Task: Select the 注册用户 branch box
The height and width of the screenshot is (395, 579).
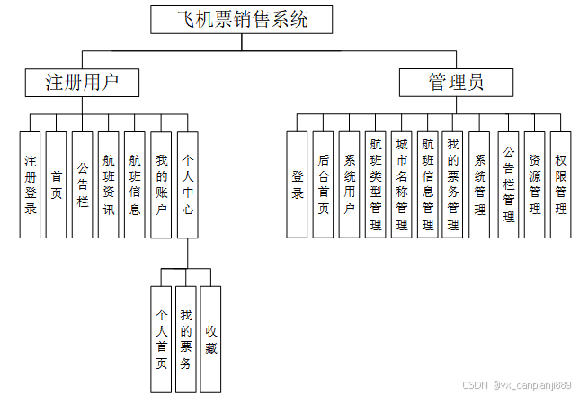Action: point(82,83)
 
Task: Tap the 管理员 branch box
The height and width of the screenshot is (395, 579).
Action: point(455,83)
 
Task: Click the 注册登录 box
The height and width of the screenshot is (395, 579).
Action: point(31,184)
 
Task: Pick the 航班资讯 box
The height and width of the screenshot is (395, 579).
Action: point(109,184)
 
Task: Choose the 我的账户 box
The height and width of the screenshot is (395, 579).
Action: point(161,184)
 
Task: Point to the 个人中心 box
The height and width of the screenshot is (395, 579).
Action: point(188,184)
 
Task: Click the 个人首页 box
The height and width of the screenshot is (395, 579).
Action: point(161,339)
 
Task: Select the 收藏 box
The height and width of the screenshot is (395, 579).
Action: point(210,339)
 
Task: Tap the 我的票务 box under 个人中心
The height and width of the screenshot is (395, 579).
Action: point(186,339)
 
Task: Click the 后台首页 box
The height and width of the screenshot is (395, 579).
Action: point(324,184)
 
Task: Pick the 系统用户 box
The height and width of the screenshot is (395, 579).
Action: point(350,184)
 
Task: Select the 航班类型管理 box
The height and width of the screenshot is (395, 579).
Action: point(376,184)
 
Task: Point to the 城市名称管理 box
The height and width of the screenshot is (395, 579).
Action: point(402,184)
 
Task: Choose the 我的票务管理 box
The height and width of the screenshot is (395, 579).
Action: point(453,184)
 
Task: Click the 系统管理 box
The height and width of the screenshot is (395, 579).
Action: point(480,184)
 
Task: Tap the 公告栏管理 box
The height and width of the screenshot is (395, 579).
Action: point(508,184)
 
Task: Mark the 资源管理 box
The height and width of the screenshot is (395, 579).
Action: point(534,184)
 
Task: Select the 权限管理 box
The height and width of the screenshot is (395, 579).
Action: point(560,184)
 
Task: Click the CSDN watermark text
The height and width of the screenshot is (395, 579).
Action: point(517,384)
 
